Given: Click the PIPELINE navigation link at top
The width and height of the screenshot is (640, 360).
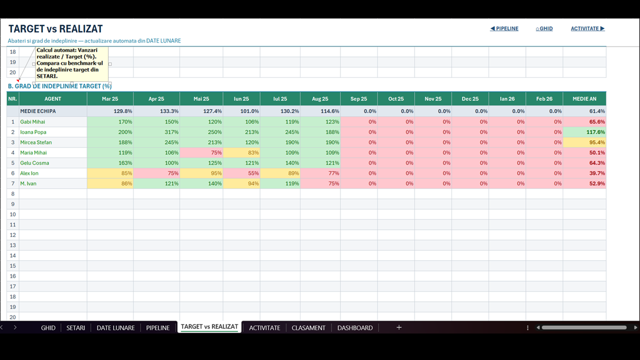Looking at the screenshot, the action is pos(504,28).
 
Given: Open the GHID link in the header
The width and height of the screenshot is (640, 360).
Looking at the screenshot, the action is pos(544,28).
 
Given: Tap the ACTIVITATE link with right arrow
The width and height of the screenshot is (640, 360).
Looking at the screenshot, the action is pos(587,28).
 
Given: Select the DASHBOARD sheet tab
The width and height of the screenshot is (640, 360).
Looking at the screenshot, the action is pos(355,327).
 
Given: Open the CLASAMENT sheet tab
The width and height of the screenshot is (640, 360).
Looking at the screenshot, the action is pos(308,327).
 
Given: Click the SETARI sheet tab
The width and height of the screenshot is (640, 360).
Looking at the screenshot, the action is pos(75,327).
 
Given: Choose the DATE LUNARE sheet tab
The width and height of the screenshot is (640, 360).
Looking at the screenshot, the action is pos(115,327).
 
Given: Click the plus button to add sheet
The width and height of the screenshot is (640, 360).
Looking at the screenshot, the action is pos(399,327).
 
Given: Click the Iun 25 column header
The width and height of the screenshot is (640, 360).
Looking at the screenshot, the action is pos(241,99).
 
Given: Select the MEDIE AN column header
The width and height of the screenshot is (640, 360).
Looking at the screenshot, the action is pos(584,99).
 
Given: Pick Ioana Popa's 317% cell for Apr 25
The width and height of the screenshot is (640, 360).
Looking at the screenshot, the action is pos(156,132).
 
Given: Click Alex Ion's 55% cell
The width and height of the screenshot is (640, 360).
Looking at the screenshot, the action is pos(241,173).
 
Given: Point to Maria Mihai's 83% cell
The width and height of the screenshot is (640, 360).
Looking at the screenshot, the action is pos(241,152).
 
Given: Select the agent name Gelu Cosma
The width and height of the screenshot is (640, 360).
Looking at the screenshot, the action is pos(34,163).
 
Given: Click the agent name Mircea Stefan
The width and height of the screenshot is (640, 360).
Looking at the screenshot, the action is pos(36,142).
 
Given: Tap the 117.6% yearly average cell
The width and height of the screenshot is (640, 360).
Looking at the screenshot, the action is pos(584,132).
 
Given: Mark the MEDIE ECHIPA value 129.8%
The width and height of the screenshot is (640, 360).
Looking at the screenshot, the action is pos(123,111).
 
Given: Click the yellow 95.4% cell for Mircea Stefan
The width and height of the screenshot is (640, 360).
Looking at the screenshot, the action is pos(584,142).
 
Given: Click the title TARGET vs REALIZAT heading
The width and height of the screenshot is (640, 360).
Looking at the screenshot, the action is pos(55,29).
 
